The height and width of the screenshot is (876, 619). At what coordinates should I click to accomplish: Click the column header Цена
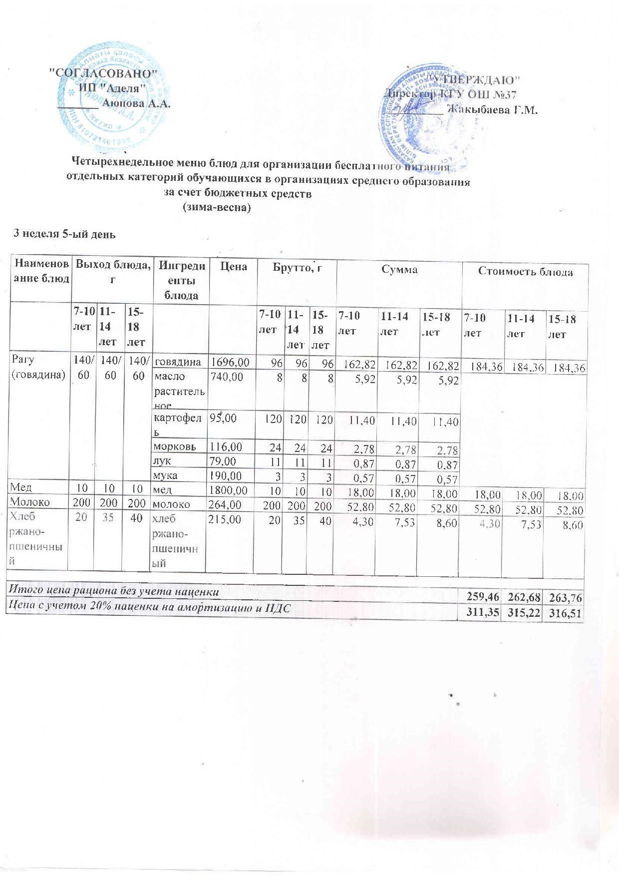(x=234, y=267)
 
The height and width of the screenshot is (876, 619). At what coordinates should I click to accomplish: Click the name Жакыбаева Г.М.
(x=492, y=110)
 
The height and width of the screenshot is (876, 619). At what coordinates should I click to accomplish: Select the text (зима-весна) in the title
(x=217, y=207)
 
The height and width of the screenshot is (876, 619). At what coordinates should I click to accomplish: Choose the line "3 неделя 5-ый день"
(x=64, y=233)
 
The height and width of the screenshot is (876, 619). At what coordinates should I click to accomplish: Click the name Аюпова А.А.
(x=136, y=104)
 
